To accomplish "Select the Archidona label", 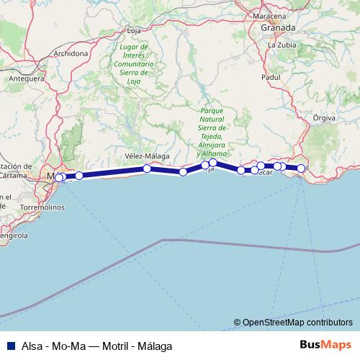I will [71, 53].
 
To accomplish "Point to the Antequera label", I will [25, 78].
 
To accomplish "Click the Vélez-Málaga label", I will [147, 156].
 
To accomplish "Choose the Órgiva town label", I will [325, 117].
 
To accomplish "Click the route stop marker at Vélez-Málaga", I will [147, 168].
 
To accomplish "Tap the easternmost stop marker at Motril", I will [301, 168].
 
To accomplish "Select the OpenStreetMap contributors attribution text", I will [297, 323].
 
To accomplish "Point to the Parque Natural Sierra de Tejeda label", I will [213, 130].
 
